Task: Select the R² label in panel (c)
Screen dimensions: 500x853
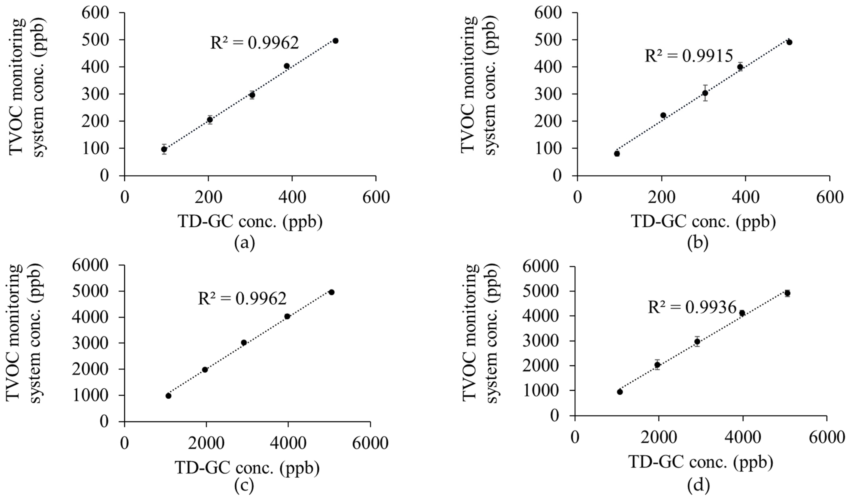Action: (242, 298)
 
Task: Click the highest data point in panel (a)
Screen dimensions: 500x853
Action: (335, 41)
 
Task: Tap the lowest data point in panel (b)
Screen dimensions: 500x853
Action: (617, 154)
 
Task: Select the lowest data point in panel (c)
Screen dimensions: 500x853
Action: (168, 396)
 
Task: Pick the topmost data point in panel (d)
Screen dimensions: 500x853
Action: (787, 293)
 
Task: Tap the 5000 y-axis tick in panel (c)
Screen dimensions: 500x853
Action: (90, 291)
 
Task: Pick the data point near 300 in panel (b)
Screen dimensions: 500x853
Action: (705, 93)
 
